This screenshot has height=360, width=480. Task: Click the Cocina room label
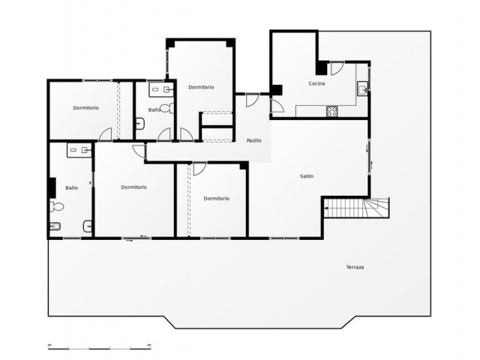click(316, 83)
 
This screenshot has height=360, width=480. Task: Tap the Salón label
click(306, 176)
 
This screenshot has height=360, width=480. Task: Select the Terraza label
click(355, 268)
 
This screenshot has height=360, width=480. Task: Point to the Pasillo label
click(253, 141)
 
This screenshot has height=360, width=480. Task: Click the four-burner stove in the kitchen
click(331, 112)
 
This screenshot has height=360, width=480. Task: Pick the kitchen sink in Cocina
click(363, 88)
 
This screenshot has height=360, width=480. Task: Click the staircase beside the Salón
click(357, 207)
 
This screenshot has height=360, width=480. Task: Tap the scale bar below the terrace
click(99, 346)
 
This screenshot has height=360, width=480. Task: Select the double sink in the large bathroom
click(79, 150)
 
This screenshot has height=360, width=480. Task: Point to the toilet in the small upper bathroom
click(140, 124)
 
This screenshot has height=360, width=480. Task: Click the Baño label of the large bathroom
click(71, 187)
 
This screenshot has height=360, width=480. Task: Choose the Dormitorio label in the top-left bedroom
click(85, 108)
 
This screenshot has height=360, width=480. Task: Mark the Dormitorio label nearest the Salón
click(216, 198)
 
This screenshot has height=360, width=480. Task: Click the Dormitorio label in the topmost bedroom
click(201, 87)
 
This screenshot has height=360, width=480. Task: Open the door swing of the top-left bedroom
click(106, 134)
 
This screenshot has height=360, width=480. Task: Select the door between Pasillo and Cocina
click(277, 105)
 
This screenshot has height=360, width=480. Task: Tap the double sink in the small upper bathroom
click(160, 88)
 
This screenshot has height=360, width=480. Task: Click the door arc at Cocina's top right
click(337, 68)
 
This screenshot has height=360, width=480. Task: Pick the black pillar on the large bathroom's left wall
click(52, 187)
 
